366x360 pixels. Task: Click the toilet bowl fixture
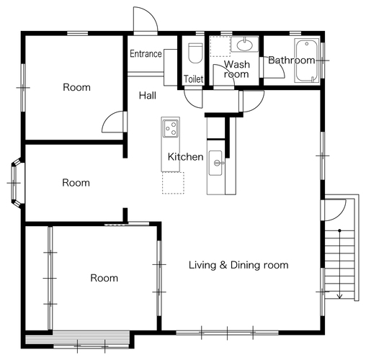click(195, 53)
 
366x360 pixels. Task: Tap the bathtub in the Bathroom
click(307, 60)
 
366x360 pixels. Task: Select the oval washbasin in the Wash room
click(245, 45)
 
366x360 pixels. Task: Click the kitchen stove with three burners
click(170, 128)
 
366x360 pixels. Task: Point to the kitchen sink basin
click(215, 163)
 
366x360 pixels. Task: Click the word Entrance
click(146, 53)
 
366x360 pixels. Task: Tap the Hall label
click(148, 96)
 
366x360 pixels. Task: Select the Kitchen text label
click(185, 157)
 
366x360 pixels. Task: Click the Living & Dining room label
click(238, 265)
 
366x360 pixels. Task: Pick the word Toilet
click(194, 79)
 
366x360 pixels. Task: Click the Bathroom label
click(291, 60)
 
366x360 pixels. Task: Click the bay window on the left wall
click(16, 183)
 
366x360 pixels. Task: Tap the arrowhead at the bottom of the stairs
click(339, 297)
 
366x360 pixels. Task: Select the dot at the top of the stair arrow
click(339, 230)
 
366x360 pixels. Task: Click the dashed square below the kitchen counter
click(173, 183)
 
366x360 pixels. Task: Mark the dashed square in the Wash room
click(220, 47)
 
